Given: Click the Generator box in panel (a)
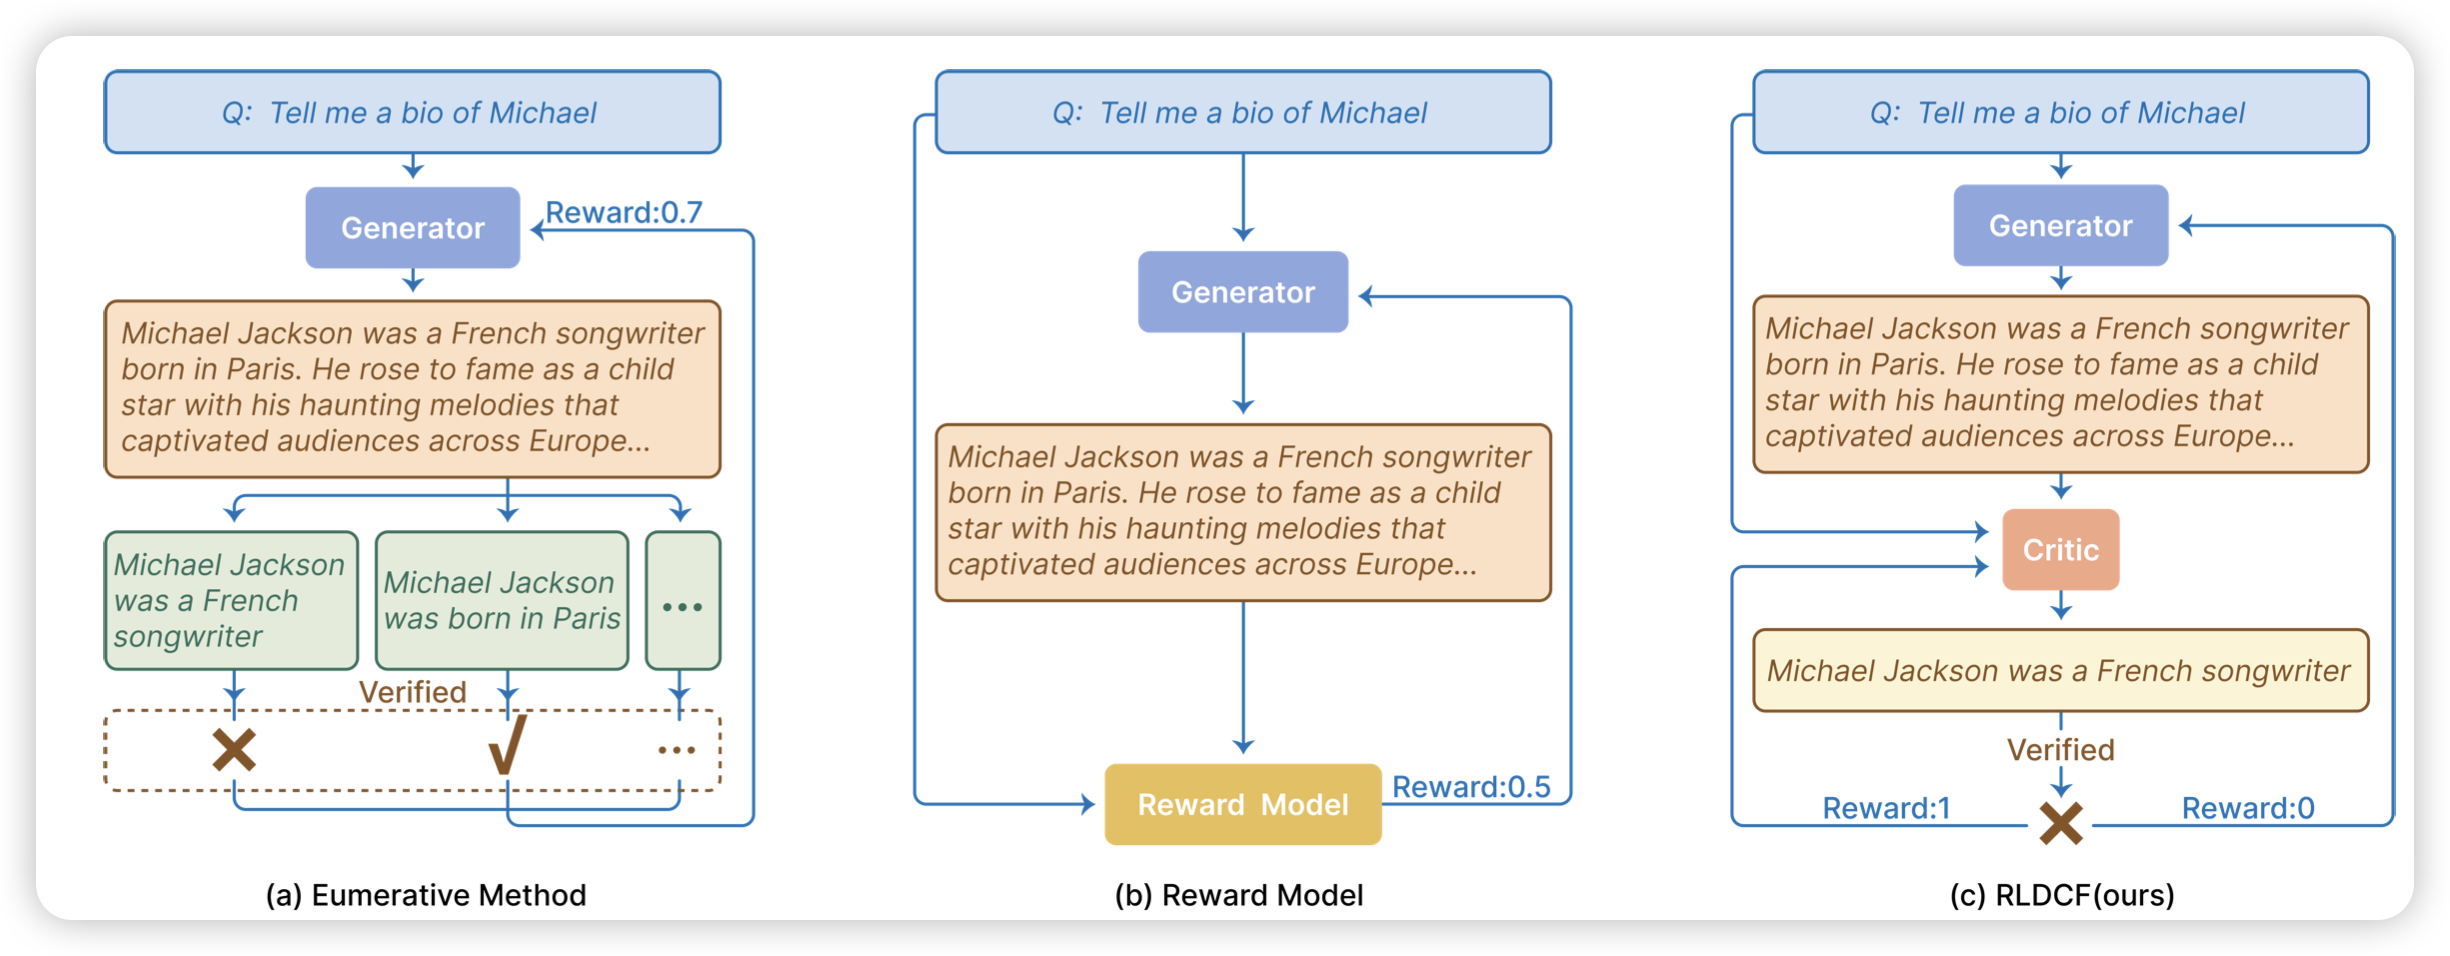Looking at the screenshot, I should (412, 228).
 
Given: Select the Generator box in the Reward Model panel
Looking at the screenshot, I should (1242, 292).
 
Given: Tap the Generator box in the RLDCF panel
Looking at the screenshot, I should (2060, 226).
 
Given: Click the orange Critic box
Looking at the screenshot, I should (2060, 550).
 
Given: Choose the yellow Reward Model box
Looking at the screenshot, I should (1242, 805).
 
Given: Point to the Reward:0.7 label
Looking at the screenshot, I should (623, 212).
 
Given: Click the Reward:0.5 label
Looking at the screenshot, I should (1470, 787).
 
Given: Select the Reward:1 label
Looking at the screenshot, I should (1886, 808).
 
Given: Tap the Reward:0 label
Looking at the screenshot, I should (2247, 808).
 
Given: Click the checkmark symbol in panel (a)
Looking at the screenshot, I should (507, 746).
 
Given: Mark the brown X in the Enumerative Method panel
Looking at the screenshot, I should (234, 749).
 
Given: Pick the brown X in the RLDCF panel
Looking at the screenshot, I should (2061, 824).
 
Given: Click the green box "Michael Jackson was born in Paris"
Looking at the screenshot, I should (502, 601).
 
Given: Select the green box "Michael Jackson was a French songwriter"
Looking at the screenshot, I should (231, 601).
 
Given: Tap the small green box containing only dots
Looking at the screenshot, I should (683, 601).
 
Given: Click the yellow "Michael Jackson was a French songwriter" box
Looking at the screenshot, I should (2060, 670).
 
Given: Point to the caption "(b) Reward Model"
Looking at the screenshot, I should (1239, 895).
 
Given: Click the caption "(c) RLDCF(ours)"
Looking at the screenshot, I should (2062, 895).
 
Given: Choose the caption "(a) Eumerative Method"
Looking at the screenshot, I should (426, 895).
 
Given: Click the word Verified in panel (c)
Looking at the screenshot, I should (2060, 750).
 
